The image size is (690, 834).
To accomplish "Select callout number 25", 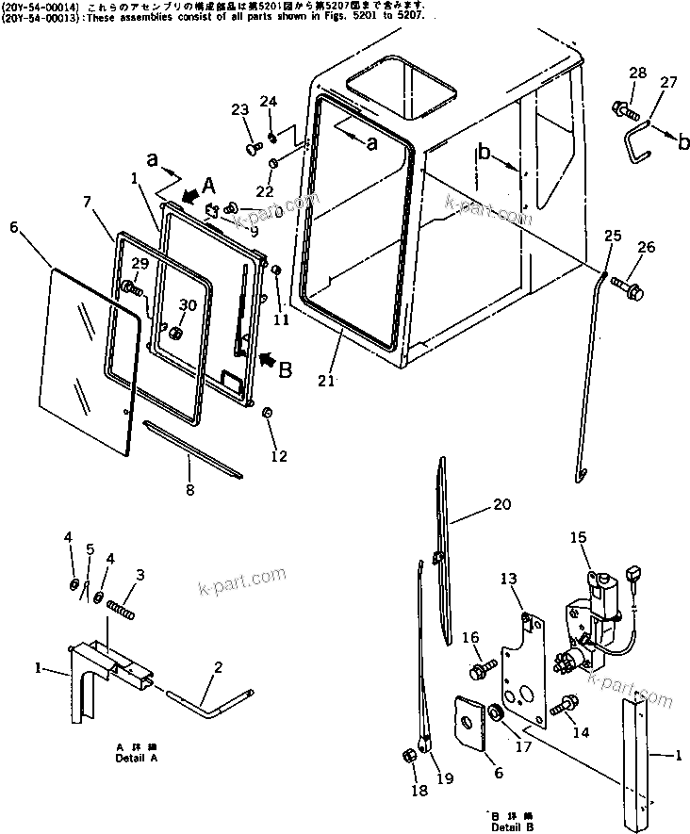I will [613, 235].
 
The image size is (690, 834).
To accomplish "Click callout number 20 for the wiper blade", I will [501, 505].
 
